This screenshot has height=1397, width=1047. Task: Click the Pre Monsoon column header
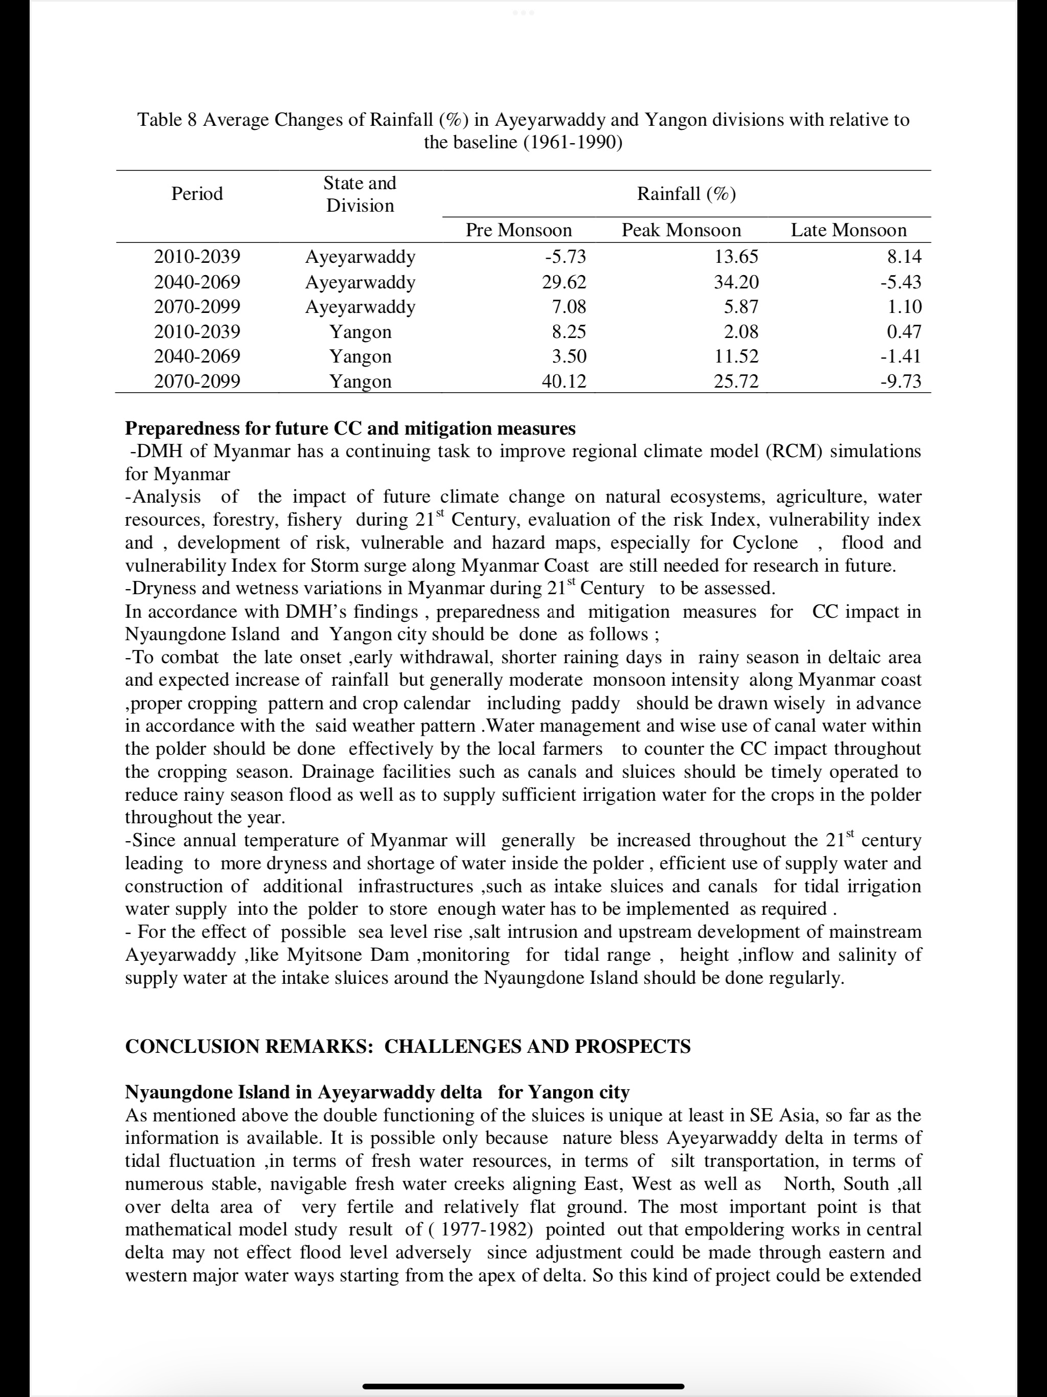pyautogui.click(x=518, y=230)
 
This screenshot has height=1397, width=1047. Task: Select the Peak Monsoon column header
pyautogui.click(x=681, y=230)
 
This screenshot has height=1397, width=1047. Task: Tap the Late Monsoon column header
pyautogui.click(x=848, y=230)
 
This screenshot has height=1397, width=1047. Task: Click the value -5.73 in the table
pyautogui.click(x=565, y=256)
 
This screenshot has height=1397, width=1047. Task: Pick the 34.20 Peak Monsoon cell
pyautogui.click(x=736, y=282)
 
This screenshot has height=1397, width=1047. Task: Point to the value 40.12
pyautogui.click(x=564, y=381)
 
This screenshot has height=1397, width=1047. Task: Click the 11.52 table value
pyautogui.click(x=736, y=356)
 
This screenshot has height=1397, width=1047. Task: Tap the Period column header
pyautogui.click(x=197, y=193)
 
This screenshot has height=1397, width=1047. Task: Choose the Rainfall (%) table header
pyautogui.click(x=687, y=193)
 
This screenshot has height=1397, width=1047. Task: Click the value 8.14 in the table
pyautogui.click(x=904, y=256)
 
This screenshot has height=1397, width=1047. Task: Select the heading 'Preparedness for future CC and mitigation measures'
pyautogui.click(x=350, y=428)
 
